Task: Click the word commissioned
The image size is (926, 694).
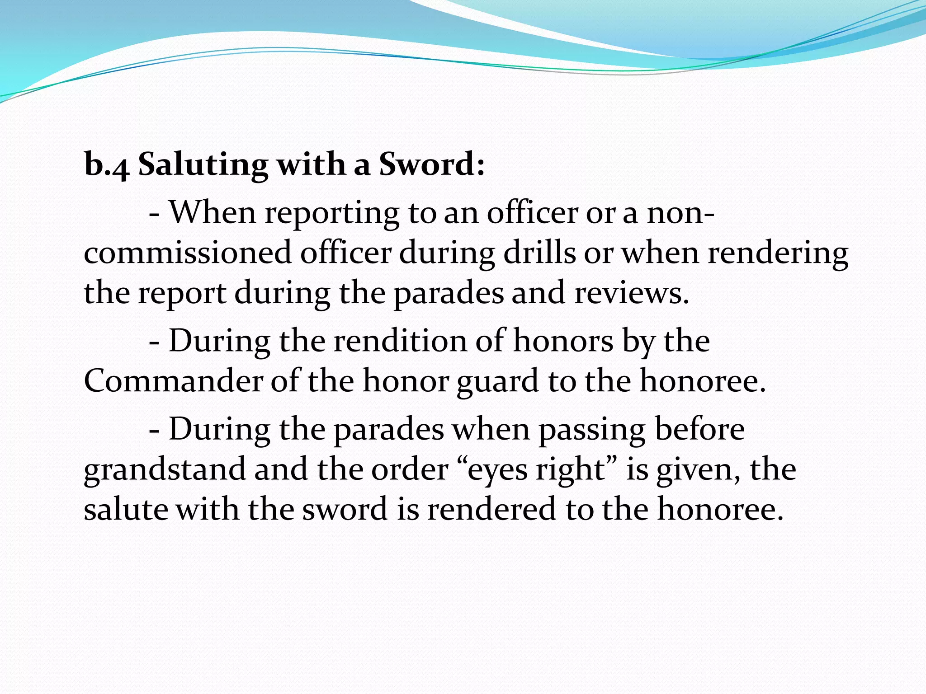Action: [x=188, y=253]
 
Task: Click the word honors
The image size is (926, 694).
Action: [x=563, y=341]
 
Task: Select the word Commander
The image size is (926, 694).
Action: [x=173, y=380]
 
